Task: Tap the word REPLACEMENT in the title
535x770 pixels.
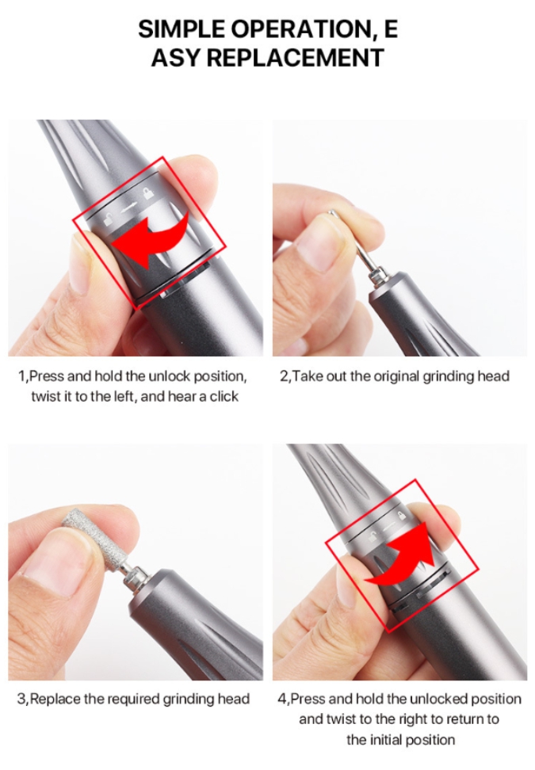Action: point(295,58)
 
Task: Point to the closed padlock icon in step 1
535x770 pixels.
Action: point(147,193)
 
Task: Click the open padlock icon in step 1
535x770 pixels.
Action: point(109,219)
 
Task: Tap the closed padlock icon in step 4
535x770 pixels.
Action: point(401,515)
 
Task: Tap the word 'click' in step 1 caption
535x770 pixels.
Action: point(224,396)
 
